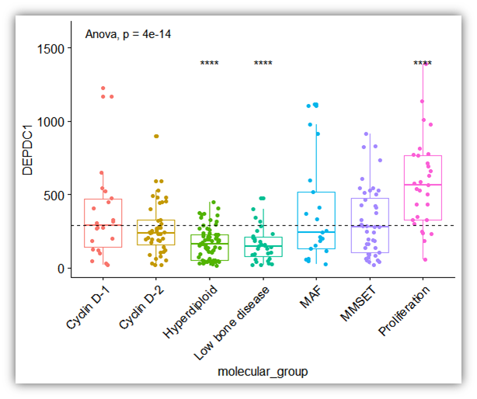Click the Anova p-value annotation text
127,35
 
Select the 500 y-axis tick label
57,195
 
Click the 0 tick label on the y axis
64,269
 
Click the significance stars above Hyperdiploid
210,64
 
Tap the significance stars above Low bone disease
263,64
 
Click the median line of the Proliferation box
423,185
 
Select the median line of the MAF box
316,232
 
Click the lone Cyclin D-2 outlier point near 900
156,137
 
